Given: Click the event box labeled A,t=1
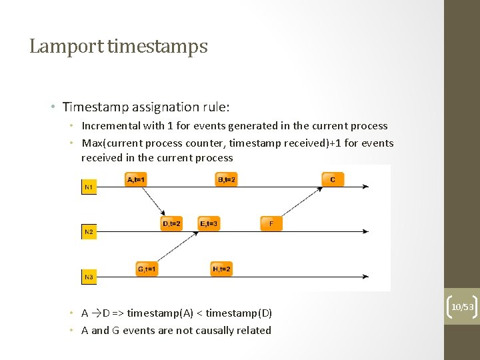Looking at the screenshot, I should pos(135,180).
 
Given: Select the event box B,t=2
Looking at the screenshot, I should pos(227,180).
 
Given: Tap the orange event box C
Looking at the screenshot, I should pos(333,180).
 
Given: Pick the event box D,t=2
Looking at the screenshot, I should pos(171,224).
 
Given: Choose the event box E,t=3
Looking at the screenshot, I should pos(209,224).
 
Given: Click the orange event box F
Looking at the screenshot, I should pos(271,224).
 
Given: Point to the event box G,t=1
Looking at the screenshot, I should pos(147,269).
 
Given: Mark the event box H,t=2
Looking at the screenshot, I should pos(221,269).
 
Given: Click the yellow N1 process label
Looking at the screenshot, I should pos(89,188).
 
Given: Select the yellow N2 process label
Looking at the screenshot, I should pos(89,232).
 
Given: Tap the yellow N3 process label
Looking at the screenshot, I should pos(89,276).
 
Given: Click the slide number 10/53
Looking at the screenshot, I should pos(462,307).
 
